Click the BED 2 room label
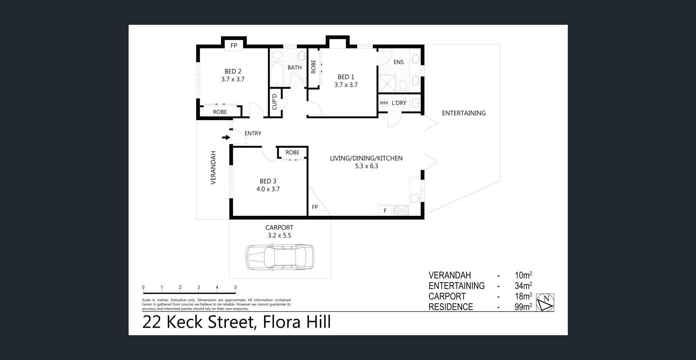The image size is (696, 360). click(233, 71)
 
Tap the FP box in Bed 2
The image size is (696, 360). click(234, 46)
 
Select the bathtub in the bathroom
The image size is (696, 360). click(276, 74)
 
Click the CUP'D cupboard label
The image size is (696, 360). click(274, 102)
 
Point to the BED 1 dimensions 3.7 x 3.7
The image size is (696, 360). click(346, 85)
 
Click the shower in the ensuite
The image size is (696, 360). click(387, 84)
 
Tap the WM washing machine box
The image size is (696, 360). click(383, 103)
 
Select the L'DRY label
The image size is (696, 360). click(399, 103)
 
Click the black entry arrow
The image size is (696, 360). click(226, 137)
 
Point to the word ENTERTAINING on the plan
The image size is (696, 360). click(464, 113)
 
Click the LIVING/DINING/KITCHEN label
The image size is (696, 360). click(366, 158)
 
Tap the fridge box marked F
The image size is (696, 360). click(385, 210)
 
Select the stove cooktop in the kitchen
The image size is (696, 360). click(401, 210)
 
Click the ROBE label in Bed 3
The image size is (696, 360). click(293, 153)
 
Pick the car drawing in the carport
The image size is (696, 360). click(280, 257)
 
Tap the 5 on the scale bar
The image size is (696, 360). click(235, 288)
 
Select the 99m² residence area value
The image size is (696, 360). click(523, 307)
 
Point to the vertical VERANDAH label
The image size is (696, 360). click(213, 168)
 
